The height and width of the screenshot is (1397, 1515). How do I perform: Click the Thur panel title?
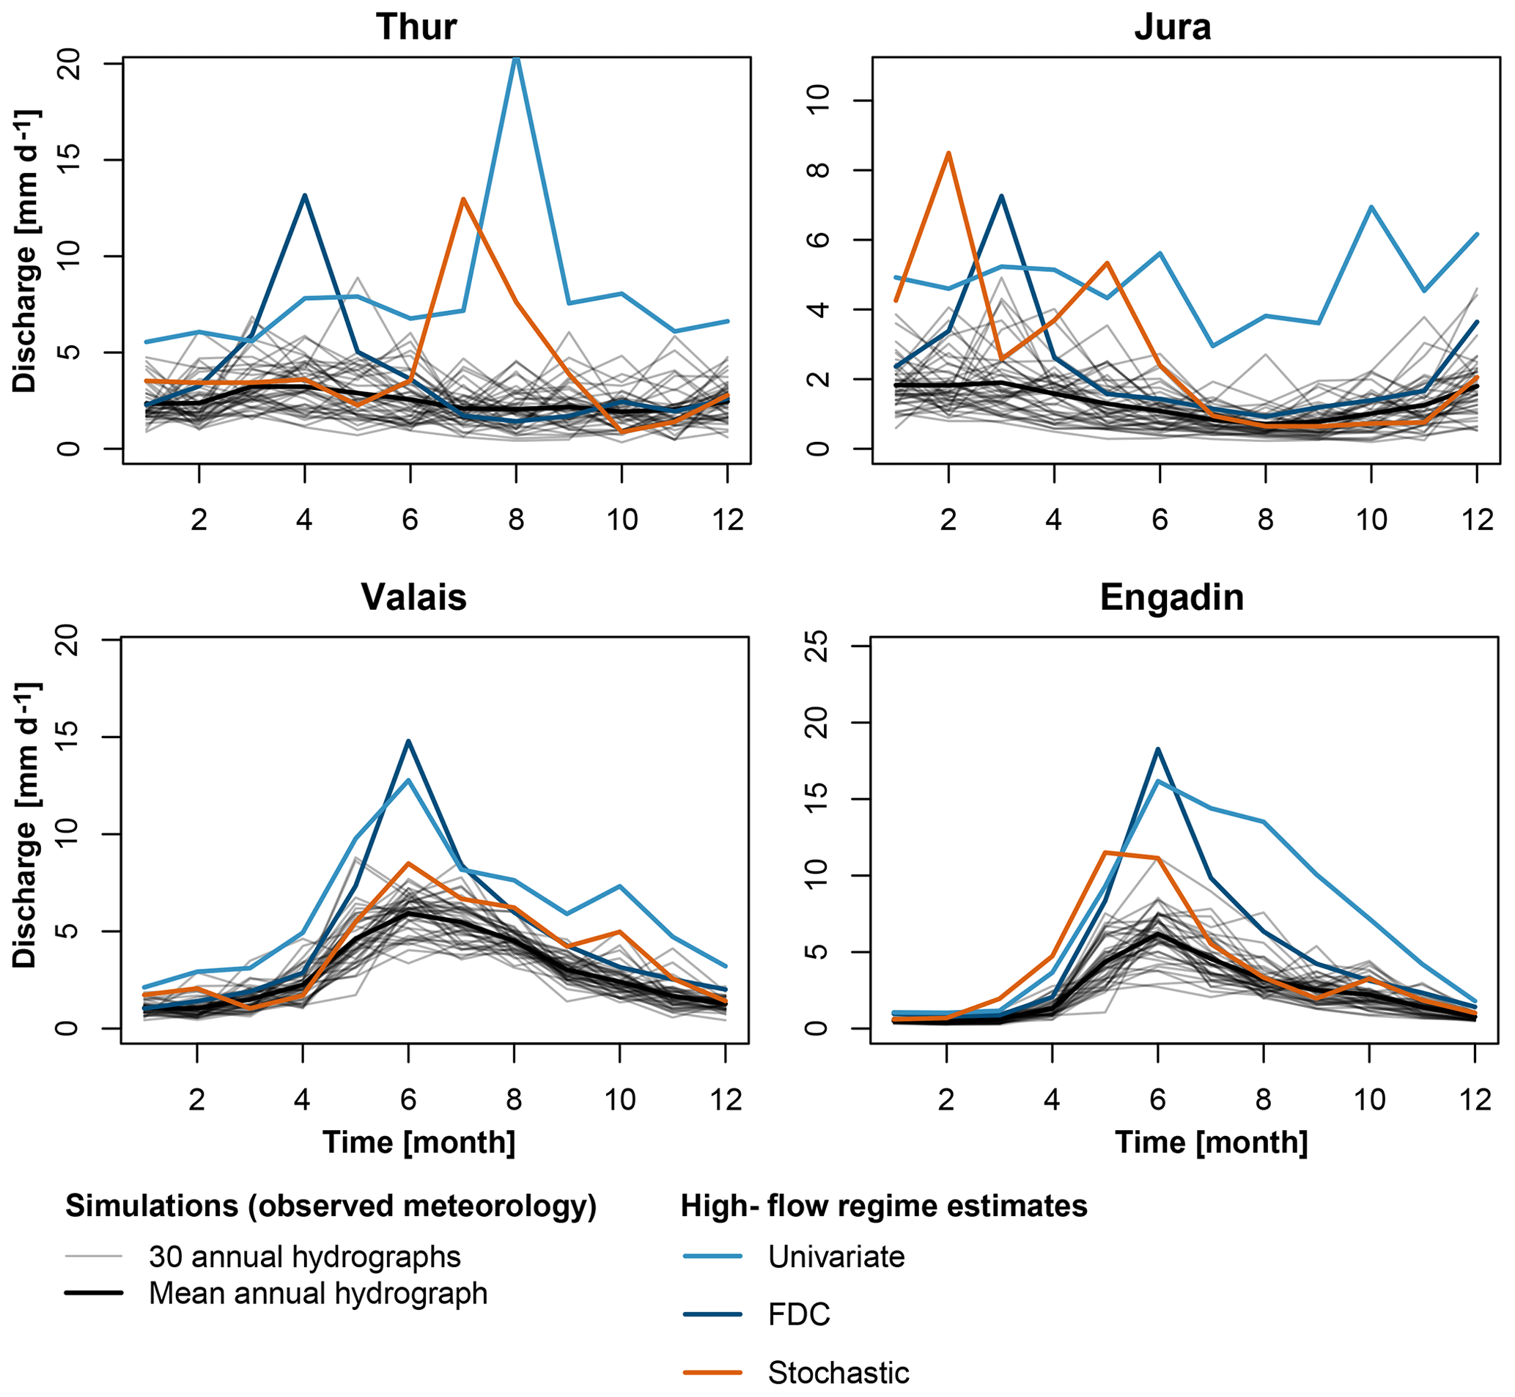pyautogui.click(x=416, y=27)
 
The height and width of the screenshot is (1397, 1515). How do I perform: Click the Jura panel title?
pyautogui.click(x=1173, y=27)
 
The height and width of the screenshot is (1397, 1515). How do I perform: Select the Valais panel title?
pyautogui.click(x=413, y=597)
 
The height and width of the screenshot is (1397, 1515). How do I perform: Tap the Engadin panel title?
pyautogui.click(x=1172, y=597)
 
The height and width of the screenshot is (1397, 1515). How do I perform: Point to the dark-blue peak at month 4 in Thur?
pyautogui.click(x=305, y=196)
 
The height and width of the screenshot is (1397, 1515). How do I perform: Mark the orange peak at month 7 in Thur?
pyautogui.click(x=462, y=199)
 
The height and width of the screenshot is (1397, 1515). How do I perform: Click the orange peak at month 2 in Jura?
pyautogui.click(x=948, y=153)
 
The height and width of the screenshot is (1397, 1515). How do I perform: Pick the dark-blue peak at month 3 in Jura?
pyautogui.click(x=1001, y=196)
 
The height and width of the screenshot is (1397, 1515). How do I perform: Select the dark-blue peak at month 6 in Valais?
pyautogui.click(x=408, y=742)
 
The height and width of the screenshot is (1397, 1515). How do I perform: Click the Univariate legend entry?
pyautogui.click(x=836, y=1256)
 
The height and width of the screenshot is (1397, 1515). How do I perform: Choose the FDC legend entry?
pyautogui.click(x=798, y=1315)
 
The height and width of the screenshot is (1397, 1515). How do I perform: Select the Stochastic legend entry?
pyautogui.click(x=838, y=1373)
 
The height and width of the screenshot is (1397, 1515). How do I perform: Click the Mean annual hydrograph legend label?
pyautogui.click(x=318, y=1293)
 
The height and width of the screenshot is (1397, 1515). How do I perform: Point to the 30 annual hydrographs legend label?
pyautogui.click(x=305, y=1256)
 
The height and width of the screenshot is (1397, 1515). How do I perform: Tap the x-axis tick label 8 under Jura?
pyautogui.click(x=1266, y=520)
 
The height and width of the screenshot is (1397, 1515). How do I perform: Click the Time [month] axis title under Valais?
pyautogui.click(x=419, y=1142)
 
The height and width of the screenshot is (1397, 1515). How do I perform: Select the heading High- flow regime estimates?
pyautogui.click(x=884, y=1206)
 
